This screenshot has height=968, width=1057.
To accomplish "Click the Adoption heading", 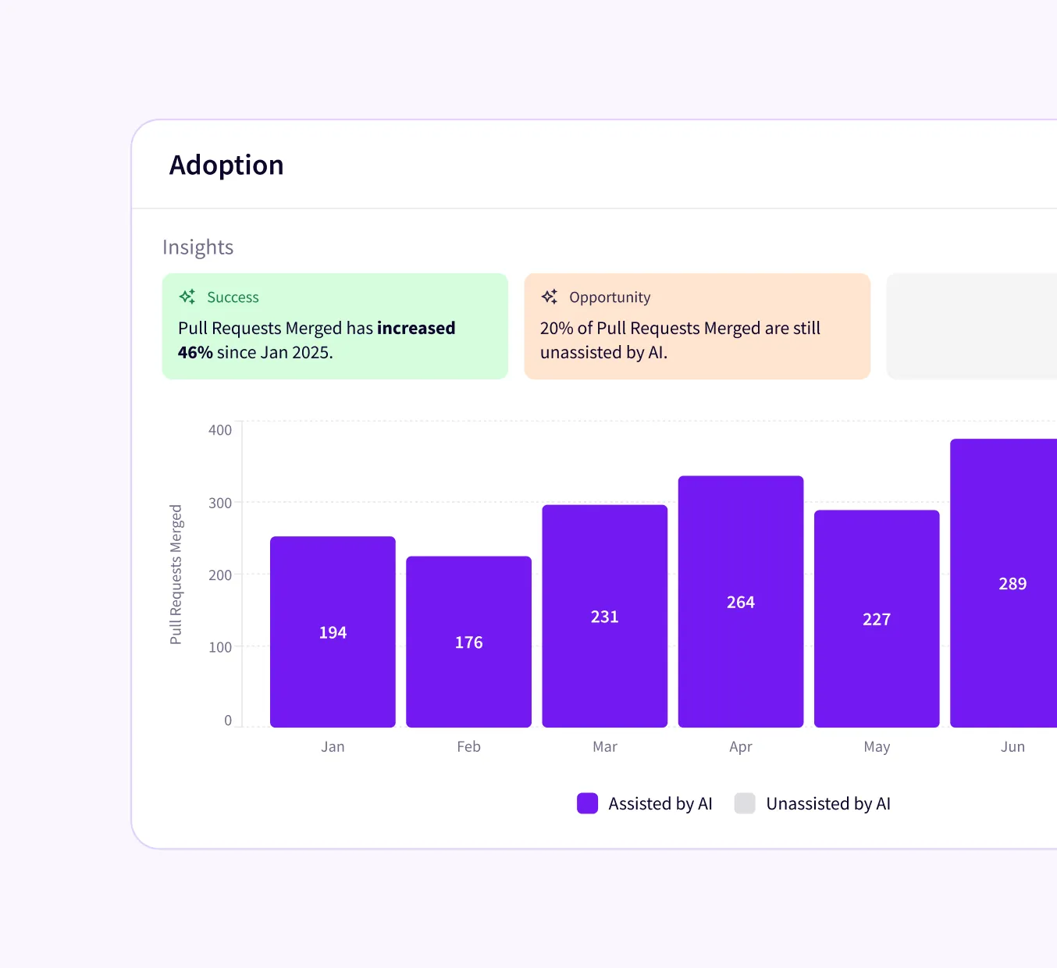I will click(226, 165).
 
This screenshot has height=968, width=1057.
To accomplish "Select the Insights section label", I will click(198, 247).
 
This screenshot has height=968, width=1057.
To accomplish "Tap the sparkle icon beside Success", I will click(187, 297).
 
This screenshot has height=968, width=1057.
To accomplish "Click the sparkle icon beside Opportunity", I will click(550, 297).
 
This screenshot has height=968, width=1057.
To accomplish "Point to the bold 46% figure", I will click(195, 353).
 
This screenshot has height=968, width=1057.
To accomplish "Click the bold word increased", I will click(415, 329).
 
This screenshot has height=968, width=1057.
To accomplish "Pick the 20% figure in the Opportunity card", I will click(557, 329).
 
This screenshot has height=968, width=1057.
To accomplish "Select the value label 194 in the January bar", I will click(333, 633).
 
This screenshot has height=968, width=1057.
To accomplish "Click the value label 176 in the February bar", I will click(468, 642).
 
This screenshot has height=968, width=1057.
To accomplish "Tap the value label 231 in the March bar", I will click(604, 617).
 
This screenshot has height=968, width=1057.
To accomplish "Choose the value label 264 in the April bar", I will click(740, 603).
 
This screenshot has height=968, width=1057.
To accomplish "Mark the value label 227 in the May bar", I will click(876, 620).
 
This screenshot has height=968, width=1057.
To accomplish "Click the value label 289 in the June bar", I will click(1013, 584).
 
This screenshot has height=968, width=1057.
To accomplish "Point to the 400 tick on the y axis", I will click(220, 430).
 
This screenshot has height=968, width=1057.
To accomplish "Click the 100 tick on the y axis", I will click(220, 647).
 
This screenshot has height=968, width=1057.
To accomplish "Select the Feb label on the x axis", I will click(468, 747).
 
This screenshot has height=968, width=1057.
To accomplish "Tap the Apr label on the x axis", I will click(740, 747).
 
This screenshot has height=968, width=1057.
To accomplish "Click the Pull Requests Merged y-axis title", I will click(176, 575).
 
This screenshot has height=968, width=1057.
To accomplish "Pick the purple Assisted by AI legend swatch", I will click(587, 803).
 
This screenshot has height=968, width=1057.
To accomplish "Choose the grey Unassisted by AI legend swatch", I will click(745, 803).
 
